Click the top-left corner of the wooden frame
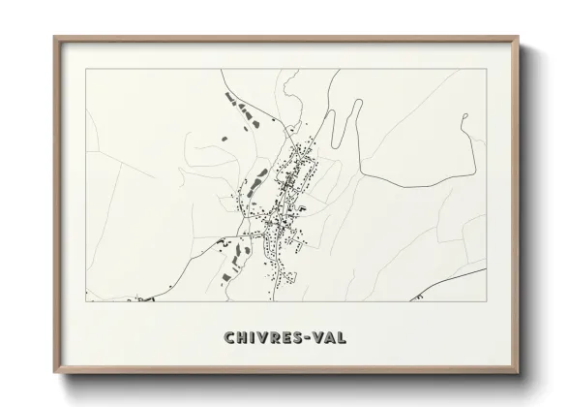(x=54, y=37)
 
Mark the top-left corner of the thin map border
(x=86, y=70)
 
